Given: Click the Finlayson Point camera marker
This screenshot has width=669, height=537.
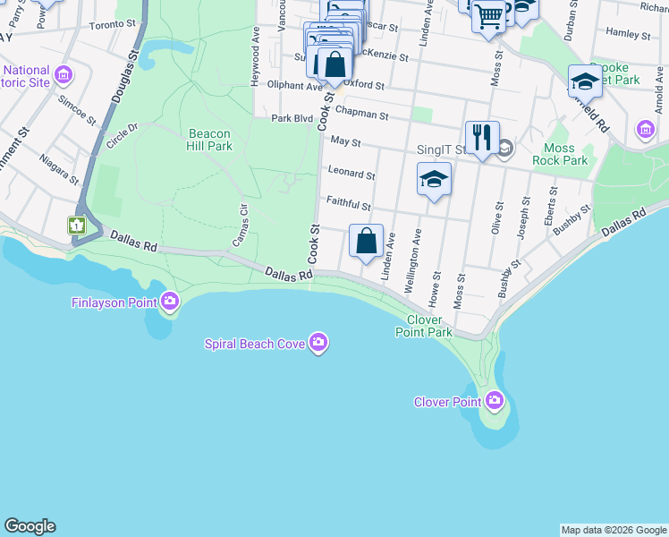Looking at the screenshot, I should tap(170, 301).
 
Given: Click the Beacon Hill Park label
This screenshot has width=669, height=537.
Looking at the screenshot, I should tap(210, 141).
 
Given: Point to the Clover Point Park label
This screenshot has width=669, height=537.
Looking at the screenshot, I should tap(425, 326).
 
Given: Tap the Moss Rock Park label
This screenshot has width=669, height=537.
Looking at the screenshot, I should tap(566, 154).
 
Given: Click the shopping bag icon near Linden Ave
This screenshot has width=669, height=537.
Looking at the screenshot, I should tap(366, 240).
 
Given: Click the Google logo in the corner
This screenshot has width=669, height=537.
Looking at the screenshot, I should tap(30, 526).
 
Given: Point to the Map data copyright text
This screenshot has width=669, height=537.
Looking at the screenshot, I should tap(614, 530).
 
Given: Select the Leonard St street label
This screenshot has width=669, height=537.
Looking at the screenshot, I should tap(351, 173).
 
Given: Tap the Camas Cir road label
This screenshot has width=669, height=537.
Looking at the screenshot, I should tap(239, 226).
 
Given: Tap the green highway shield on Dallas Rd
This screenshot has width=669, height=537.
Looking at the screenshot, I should tap(77, 225).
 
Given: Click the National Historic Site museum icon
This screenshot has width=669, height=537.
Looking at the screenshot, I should tap(64, 73).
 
